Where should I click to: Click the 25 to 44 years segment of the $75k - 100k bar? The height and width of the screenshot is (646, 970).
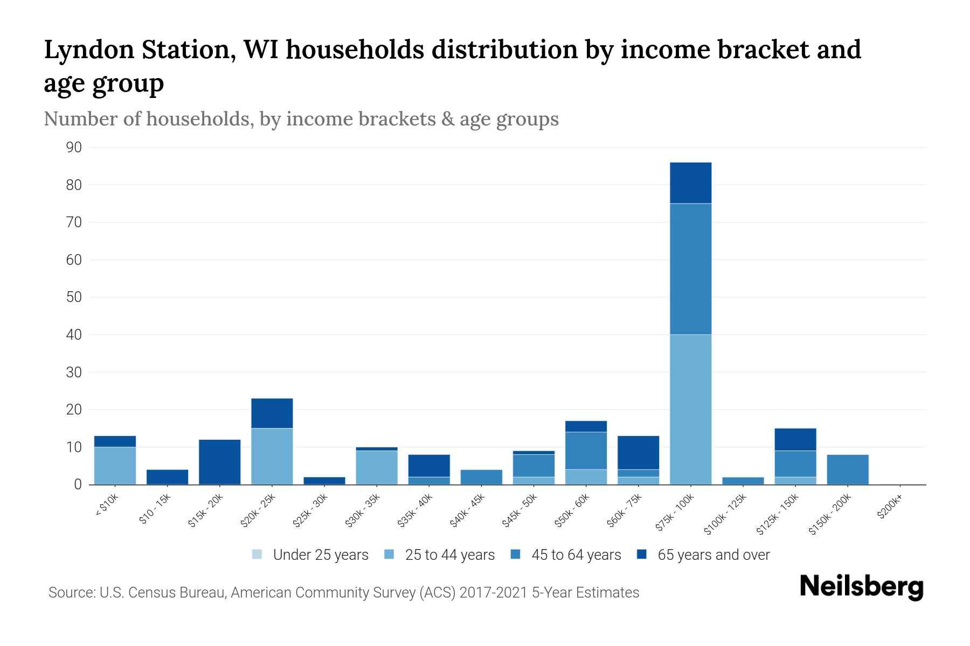pos(690,409)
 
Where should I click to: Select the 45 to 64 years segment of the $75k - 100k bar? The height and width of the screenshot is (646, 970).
pos(690,269)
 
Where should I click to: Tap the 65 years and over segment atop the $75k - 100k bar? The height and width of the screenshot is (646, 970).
pos(690,183)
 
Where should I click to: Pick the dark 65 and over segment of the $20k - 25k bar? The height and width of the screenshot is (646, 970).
pos(272,413)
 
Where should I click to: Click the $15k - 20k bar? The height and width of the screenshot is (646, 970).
pos(220,462)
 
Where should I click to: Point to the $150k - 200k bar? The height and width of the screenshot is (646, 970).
pos(848,469)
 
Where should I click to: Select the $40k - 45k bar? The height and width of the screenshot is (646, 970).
pos(482,477)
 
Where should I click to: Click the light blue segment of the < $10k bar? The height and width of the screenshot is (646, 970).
pos(115,466)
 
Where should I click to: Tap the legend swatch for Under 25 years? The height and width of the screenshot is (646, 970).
pos(258,554)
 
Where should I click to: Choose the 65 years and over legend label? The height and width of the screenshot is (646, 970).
pos(713,555)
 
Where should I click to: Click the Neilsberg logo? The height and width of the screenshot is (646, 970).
pos(862,587)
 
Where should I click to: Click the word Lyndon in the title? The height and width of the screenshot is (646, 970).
pos(89,50)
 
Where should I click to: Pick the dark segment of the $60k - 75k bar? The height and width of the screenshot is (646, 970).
pos(638,452)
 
